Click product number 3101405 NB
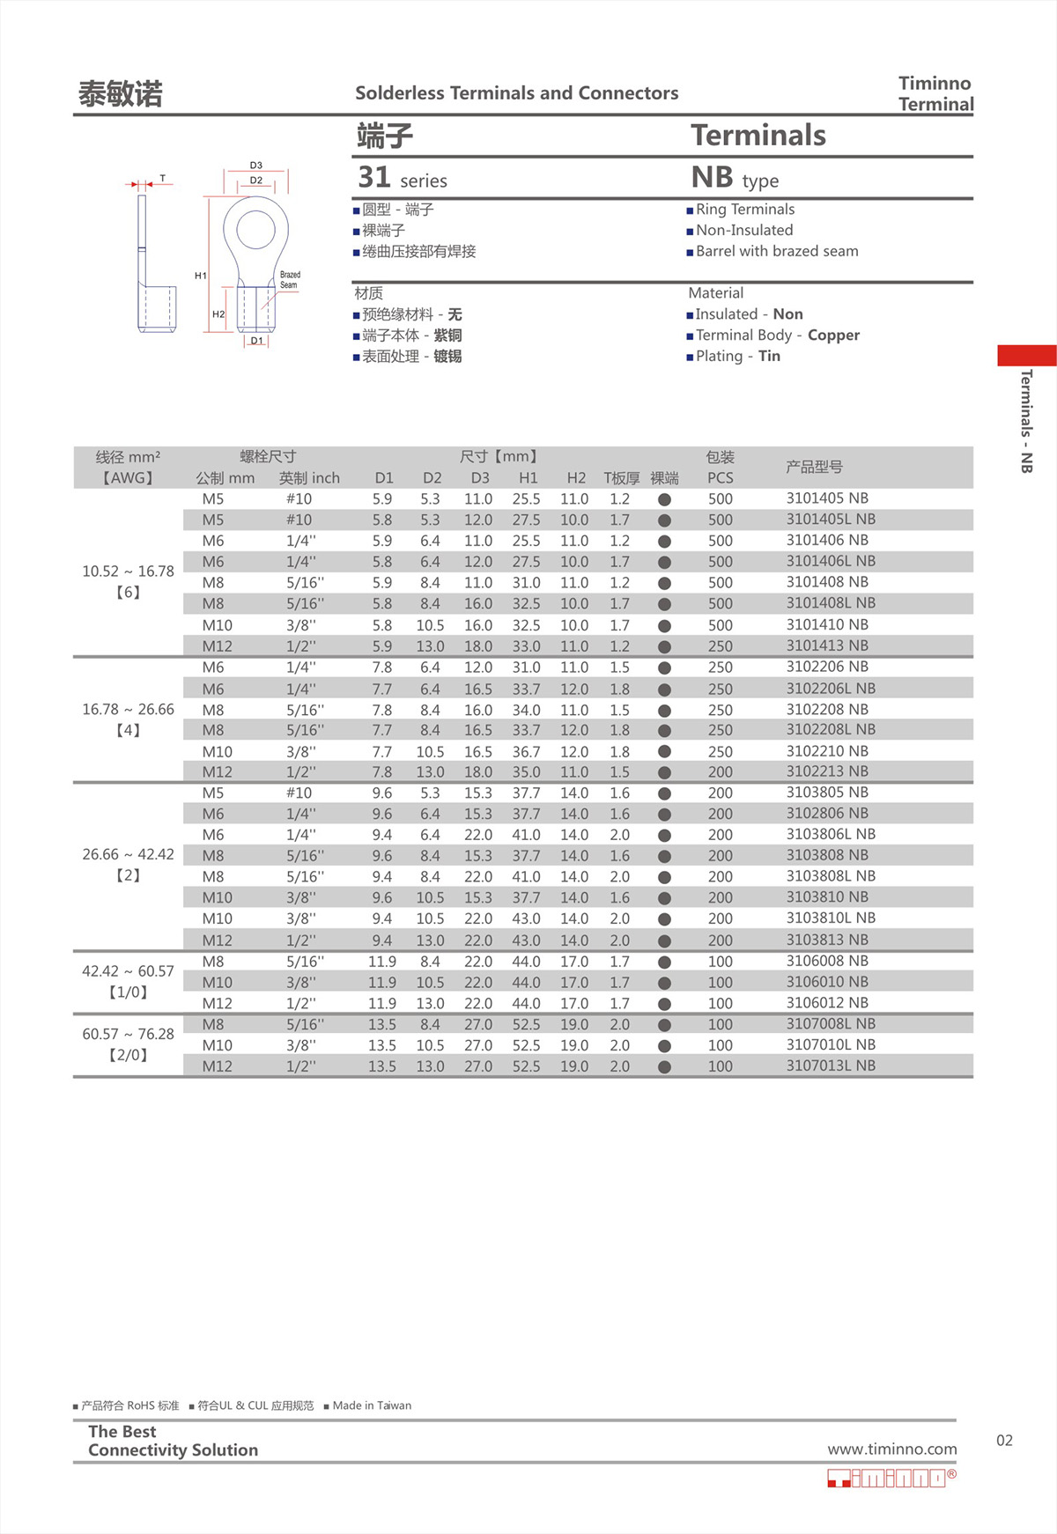pos(826,498)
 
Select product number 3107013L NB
pos(831,1066)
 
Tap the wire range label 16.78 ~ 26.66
pos(128,710)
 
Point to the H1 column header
pos(528,478)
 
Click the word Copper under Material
pos(833,336)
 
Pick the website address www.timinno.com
pos(891,1449)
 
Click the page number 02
pos(1004,1441)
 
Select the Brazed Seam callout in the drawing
pos(289,280)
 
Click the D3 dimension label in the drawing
pos(255,166)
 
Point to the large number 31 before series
pos(374,178)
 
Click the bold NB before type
pos(712,178)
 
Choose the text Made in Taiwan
pos(372,1405)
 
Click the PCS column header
pos(720,478)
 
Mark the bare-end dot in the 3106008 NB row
pos(664,962)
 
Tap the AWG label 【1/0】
pos(128,992)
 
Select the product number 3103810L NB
pos(831,918)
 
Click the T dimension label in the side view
pos(162,179)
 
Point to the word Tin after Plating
pos(769,357)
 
